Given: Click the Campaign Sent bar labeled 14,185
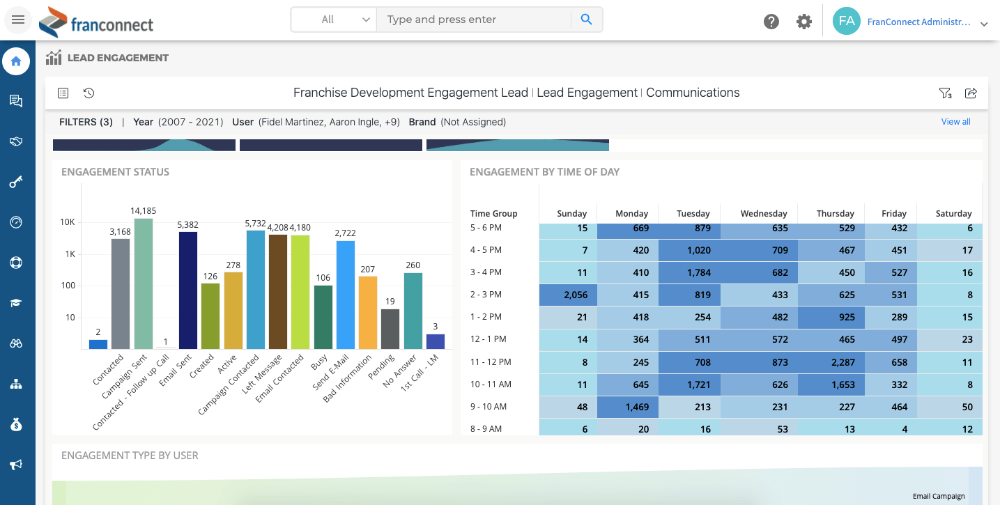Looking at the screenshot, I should [x=144, y=283].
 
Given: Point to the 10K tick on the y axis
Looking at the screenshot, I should [x=68, y=222].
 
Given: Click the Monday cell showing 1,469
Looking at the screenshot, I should [x=631, y=407].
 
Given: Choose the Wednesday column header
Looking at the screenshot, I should [x=764, y=214].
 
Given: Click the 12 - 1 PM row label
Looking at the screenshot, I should [x=488, y=339].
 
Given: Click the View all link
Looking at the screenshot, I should [x=955, y=122].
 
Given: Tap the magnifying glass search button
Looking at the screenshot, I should [x=586, y=20].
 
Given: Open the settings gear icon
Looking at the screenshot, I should [x=804, y=22].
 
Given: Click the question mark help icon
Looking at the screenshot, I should [x=771, y=22].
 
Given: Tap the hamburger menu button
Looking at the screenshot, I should [x=18, y=20].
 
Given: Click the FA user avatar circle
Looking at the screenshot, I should [x=847, y=21].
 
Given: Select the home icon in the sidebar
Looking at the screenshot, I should [x=16, y=61].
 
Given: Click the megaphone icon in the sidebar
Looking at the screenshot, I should [x=16, y=465].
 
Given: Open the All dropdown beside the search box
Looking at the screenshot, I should [x=334, y=20].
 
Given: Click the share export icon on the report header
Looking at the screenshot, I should [x=971, y=93].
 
